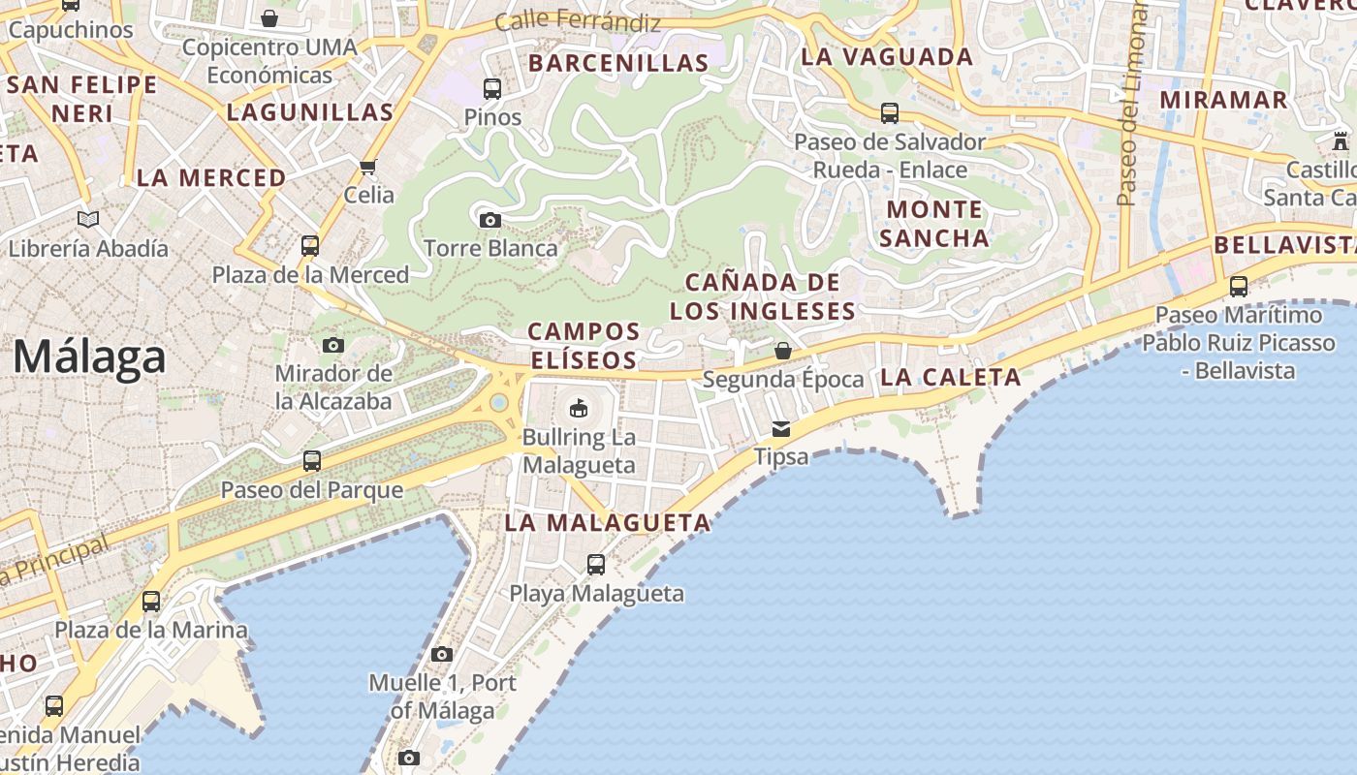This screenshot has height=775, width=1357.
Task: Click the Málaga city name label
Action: click(x=89, y=358)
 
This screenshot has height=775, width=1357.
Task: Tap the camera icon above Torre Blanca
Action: click(x=490, y=220)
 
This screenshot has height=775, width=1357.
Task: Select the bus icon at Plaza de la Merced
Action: click(x=310, y=246)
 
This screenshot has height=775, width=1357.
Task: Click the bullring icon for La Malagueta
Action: click(x=579, y=408)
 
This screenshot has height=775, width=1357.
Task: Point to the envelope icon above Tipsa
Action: click(x=781, y=429)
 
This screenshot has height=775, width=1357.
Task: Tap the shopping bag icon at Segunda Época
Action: click(x=782, y=351)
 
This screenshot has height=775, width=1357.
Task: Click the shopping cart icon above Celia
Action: click(x=368, y=168)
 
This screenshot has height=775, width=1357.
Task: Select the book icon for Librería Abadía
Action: click(x=88, y=220)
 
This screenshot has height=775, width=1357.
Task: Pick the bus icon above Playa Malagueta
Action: click(x=596, y=564)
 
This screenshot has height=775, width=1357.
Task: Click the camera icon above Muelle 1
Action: click(x=442, y=655)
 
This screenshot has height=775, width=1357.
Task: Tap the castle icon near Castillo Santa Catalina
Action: click(x=1341, y=140)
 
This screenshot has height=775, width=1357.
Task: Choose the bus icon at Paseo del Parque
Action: click(x=311, y=461)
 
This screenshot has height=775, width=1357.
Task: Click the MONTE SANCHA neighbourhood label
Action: click(x=935, y=223)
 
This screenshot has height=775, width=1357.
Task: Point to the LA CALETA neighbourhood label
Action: click(x=950, y=378)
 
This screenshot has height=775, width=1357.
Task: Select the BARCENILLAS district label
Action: click(x=618, y=64)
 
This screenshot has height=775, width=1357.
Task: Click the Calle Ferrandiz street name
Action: click(x=578, y=20)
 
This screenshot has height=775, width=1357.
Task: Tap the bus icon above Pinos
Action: click(x=492, y=89)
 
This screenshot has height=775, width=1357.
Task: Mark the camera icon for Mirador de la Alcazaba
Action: click(x=333, y=345)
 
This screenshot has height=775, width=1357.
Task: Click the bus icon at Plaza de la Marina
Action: click(x=151, y=602)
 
